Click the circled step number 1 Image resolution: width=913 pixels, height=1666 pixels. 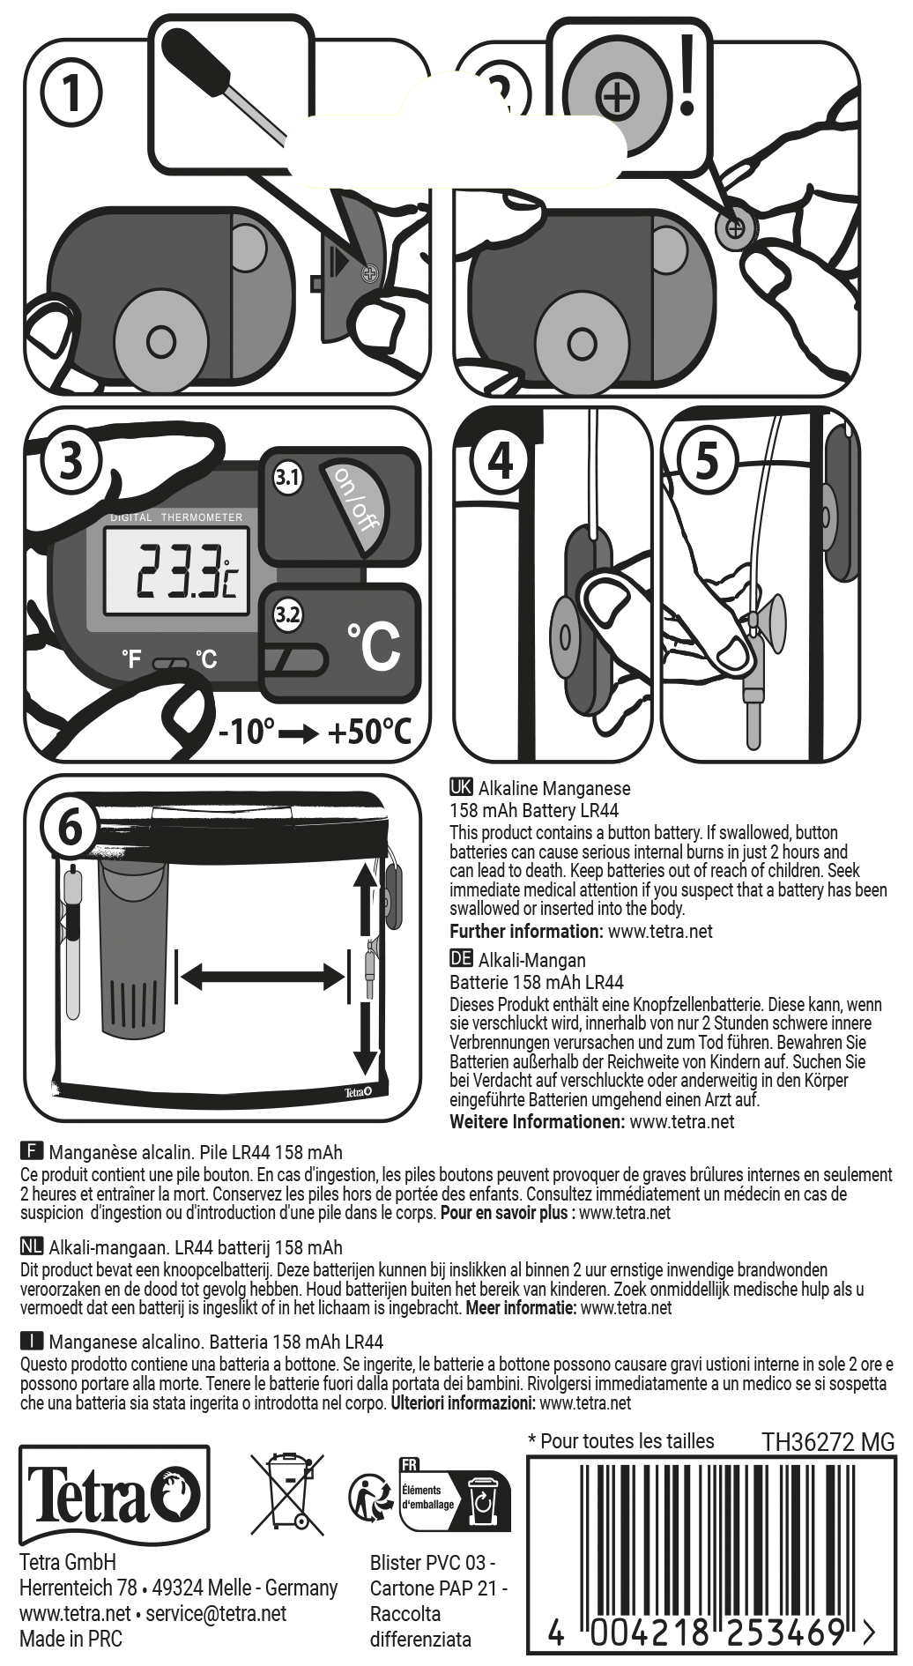pos(71,92)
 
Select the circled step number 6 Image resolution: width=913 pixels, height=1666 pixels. pos(70,829)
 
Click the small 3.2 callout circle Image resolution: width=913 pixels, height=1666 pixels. pos(287,614)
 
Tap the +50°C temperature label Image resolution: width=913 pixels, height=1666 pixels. pos(369,732)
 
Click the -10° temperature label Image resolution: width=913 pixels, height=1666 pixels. pos(247,732)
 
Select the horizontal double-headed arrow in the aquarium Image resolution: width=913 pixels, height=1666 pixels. pos(262,976)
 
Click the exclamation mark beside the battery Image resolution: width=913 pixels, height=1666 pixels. pos(687,76)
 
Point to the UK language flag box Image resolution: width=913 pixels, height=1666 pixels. pos(461,787)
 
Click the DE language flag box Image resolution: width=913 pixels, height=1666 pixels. pos(461,959)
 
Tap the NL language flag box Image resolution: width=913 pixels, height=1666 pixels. pos(32,1246)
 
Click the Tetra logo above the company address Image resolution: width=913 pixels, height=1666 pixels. pos(115,1495)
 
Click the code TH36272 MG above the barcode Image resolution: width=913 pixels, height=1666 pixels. pos(828,1442)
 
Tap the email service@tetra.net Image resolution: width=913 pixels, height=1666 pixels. pos(216,1613)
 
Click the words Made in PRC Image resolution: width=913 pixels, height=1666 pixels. pos(71,1639)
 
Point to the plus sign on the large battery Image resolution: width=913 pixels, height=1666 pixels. pos(617,95)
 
